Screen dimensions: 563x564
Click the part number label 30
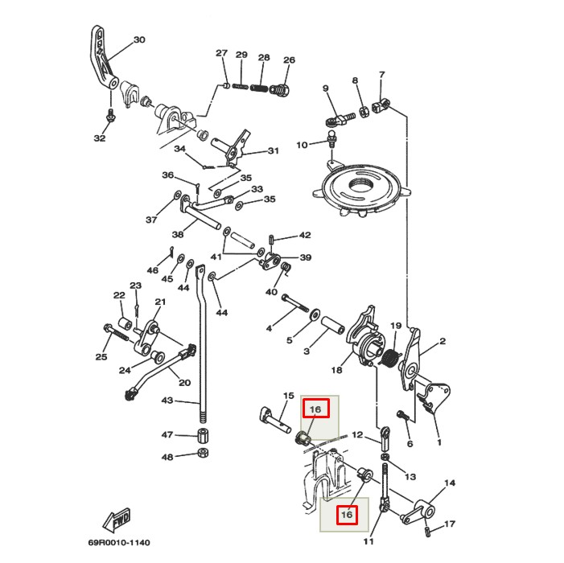click(139, 39)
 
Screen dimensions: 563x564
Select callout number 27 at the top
click(221, 54)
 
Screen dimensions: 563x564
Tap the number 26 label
click(289, 60)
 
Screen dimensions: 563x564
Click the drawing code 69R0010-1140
click(119, 543)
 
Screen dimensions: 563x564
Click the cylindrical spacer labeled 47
click(204, 436)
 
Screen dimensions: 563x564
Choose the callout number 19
click(396, 326)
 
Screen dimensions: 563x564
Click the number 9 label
click(326, 88)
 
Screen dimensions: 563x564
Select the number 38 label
click(178, 235)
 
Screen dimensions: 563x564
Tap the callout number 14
click(450, 483)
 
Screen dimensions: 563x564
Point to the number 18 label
click(336, 370)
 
